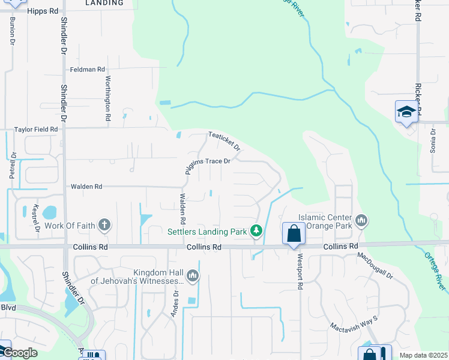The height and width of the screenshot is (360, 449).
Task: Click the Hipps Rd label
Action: (43, 11)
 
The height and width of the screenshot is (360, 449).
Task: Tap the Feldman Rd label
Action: (83, 70)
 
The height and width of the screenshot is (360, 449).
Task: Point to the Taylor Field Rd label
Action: (36, 129)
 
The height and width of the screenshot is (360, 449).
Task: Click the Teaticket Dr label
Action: (224, 142)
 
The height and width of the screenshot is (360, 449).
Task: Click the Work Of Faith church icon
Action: (104, 226)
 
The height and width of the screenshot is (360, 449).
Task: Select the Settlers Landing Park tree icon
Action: (256, 230)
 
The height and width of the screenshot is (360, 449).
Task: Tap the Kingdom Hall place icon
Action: (193, 275)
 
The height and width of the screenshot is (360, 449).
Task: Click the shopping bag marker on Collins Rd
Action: (294, 233)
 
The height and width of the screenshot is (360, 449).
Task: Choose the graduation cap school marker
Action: (406, 112)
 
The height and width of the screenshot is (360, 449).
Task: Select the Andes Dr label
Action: (176, 301)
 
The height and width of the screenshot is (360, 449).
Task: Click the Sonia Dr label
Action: (432, 140)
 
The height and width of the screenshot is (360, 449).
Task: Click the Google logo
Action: (19, 353)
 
